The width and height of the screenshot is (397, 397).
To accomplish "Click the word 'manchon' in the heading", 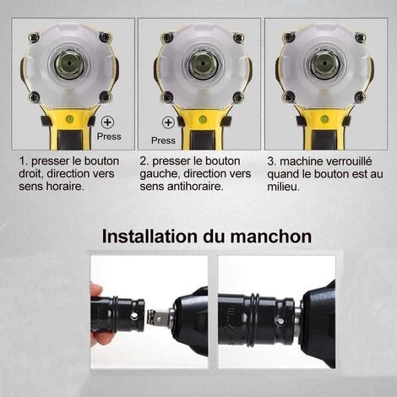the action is click(271, 237).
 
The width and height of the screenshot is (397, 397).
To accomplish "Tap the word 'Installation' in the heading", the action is click(150, 237).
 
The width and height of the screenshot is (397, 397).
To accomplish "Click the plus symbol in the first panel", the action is click(107, 122).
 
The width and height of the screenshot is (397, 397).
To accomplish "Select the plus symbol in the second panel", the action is click(168, 122).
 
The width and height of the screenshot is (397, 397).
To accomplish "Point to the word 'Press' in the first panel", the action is click(109, 137).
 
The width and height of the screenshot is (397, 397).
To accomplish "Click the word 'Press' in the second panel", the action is click(163, 140).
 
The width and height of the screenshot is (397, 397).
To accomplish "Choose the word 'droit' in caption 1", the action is click(31, 174).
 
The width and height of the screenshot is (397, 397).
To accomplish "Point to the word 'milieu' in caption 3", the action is click(281, 187).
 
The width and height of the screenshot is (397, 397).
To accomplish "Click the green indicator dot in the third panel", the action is click(324, 118).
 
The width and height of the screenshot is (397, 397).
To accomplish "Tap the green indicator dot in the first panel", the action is click(69, 119).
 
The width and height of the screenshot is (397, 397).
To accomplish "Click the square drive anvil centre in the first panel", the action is click(69, 64).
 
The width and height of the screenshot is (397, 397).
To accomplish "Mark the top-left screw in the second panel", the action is click(166, 37).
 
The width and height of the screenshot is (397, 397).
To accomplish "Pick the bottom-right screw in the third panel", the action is click(360, 97).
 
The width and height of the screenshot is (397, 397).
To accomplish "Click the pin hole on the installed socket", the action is click(280, 320).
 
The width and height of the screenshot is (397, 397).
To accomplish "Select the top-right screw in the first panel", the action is click(105, 37).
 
